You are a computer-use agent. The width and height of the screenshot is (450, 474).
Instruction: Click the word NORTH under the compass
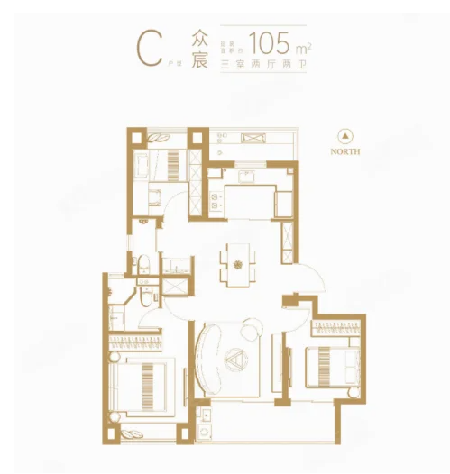(x=344, y=151)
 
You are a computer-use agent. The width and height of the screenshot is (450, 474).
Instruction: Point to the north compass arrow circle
(x=344, y=136)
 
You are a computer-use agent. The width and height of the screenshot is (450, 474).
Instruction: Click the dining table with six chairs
(x=237, y=264)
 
